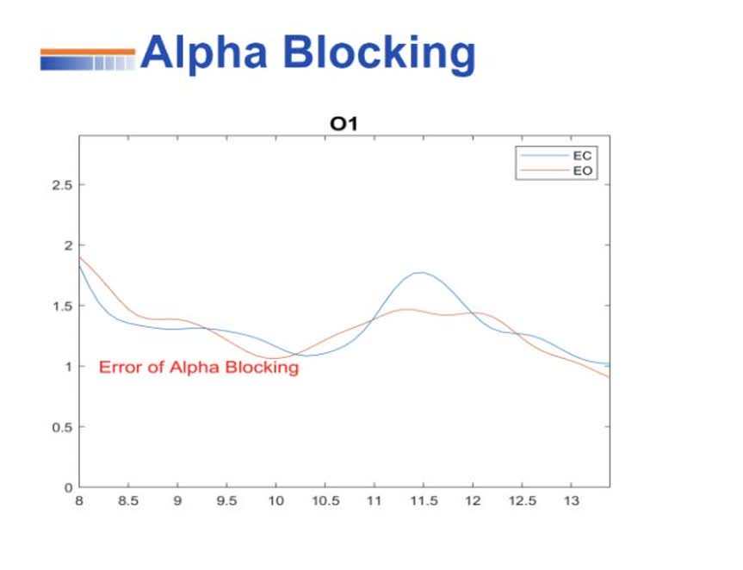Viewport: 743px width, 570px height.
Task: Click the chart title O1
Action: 344,124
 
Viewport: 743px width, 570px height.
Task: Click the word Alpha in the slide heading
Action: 204,53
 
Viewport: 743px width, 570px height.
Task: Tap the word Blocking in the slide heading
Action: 379,53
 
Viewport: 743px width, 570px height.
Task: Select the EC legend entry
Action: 556,156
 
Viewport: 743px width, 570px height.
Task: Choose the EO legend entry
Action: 556,170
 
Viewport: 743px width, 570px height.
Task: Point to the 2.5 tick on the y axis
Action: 63,185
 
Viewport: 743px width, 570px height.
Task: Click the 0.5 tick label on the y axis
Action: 63,427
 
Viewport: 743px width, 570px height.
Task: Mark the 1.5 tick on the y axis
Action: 63,306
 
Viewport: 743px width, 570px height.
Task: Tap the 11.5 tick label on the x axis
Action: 424,501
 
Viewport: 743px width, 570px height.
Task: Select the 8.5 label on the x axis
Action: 128,501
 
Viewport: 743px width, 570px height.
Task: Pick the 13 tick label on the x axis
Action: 572,501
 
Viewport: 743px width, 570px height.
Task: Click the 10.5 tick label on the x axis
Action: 325,501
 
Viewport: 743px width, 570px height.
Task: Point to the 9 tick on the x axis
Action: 177,501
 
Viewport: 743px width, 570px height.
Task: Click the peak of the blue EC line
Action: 420,272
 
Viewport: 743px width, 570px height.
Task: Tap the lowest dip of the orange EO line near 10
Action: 272,358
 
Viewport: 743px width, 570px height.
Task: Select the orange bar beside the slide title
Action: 88,52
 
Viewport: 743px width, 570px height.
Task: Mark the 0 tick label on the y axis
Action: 69,488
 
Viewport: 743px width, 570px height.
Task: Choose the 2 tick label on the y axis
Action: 69,245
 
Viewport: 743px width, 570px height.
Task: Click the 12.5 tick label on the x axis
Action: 523,501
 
